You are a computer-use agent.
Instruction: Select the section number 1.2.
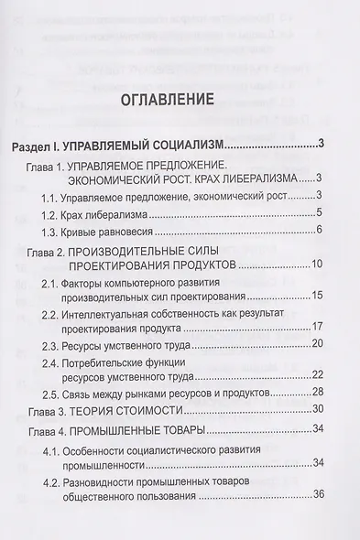point(51,214)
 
